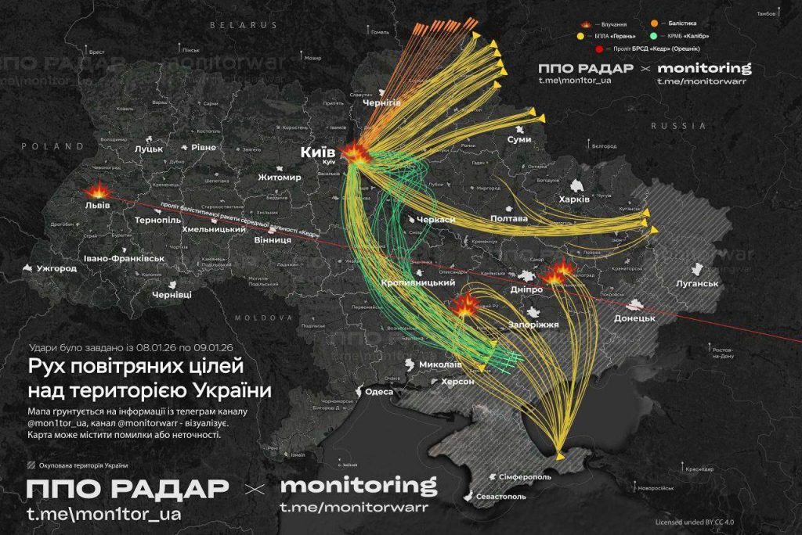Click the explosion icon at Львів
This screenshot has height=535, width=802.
pos(100,191)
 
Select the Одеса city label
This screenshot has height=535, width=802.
pos(380,392)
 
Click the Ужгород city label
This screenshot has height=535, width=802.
pos(56,268)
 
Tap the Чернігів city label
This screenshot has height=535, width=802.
pos(381,102)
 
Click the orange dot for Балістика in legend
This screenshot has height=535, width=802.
pos(655,23)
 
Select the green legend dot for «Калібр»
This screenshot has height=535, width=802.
pos(655,36)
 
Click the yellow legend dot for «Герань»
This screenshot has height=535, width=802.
pos(583,36)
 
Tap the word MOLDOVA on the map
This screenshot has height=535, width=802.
pos(254,318)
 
